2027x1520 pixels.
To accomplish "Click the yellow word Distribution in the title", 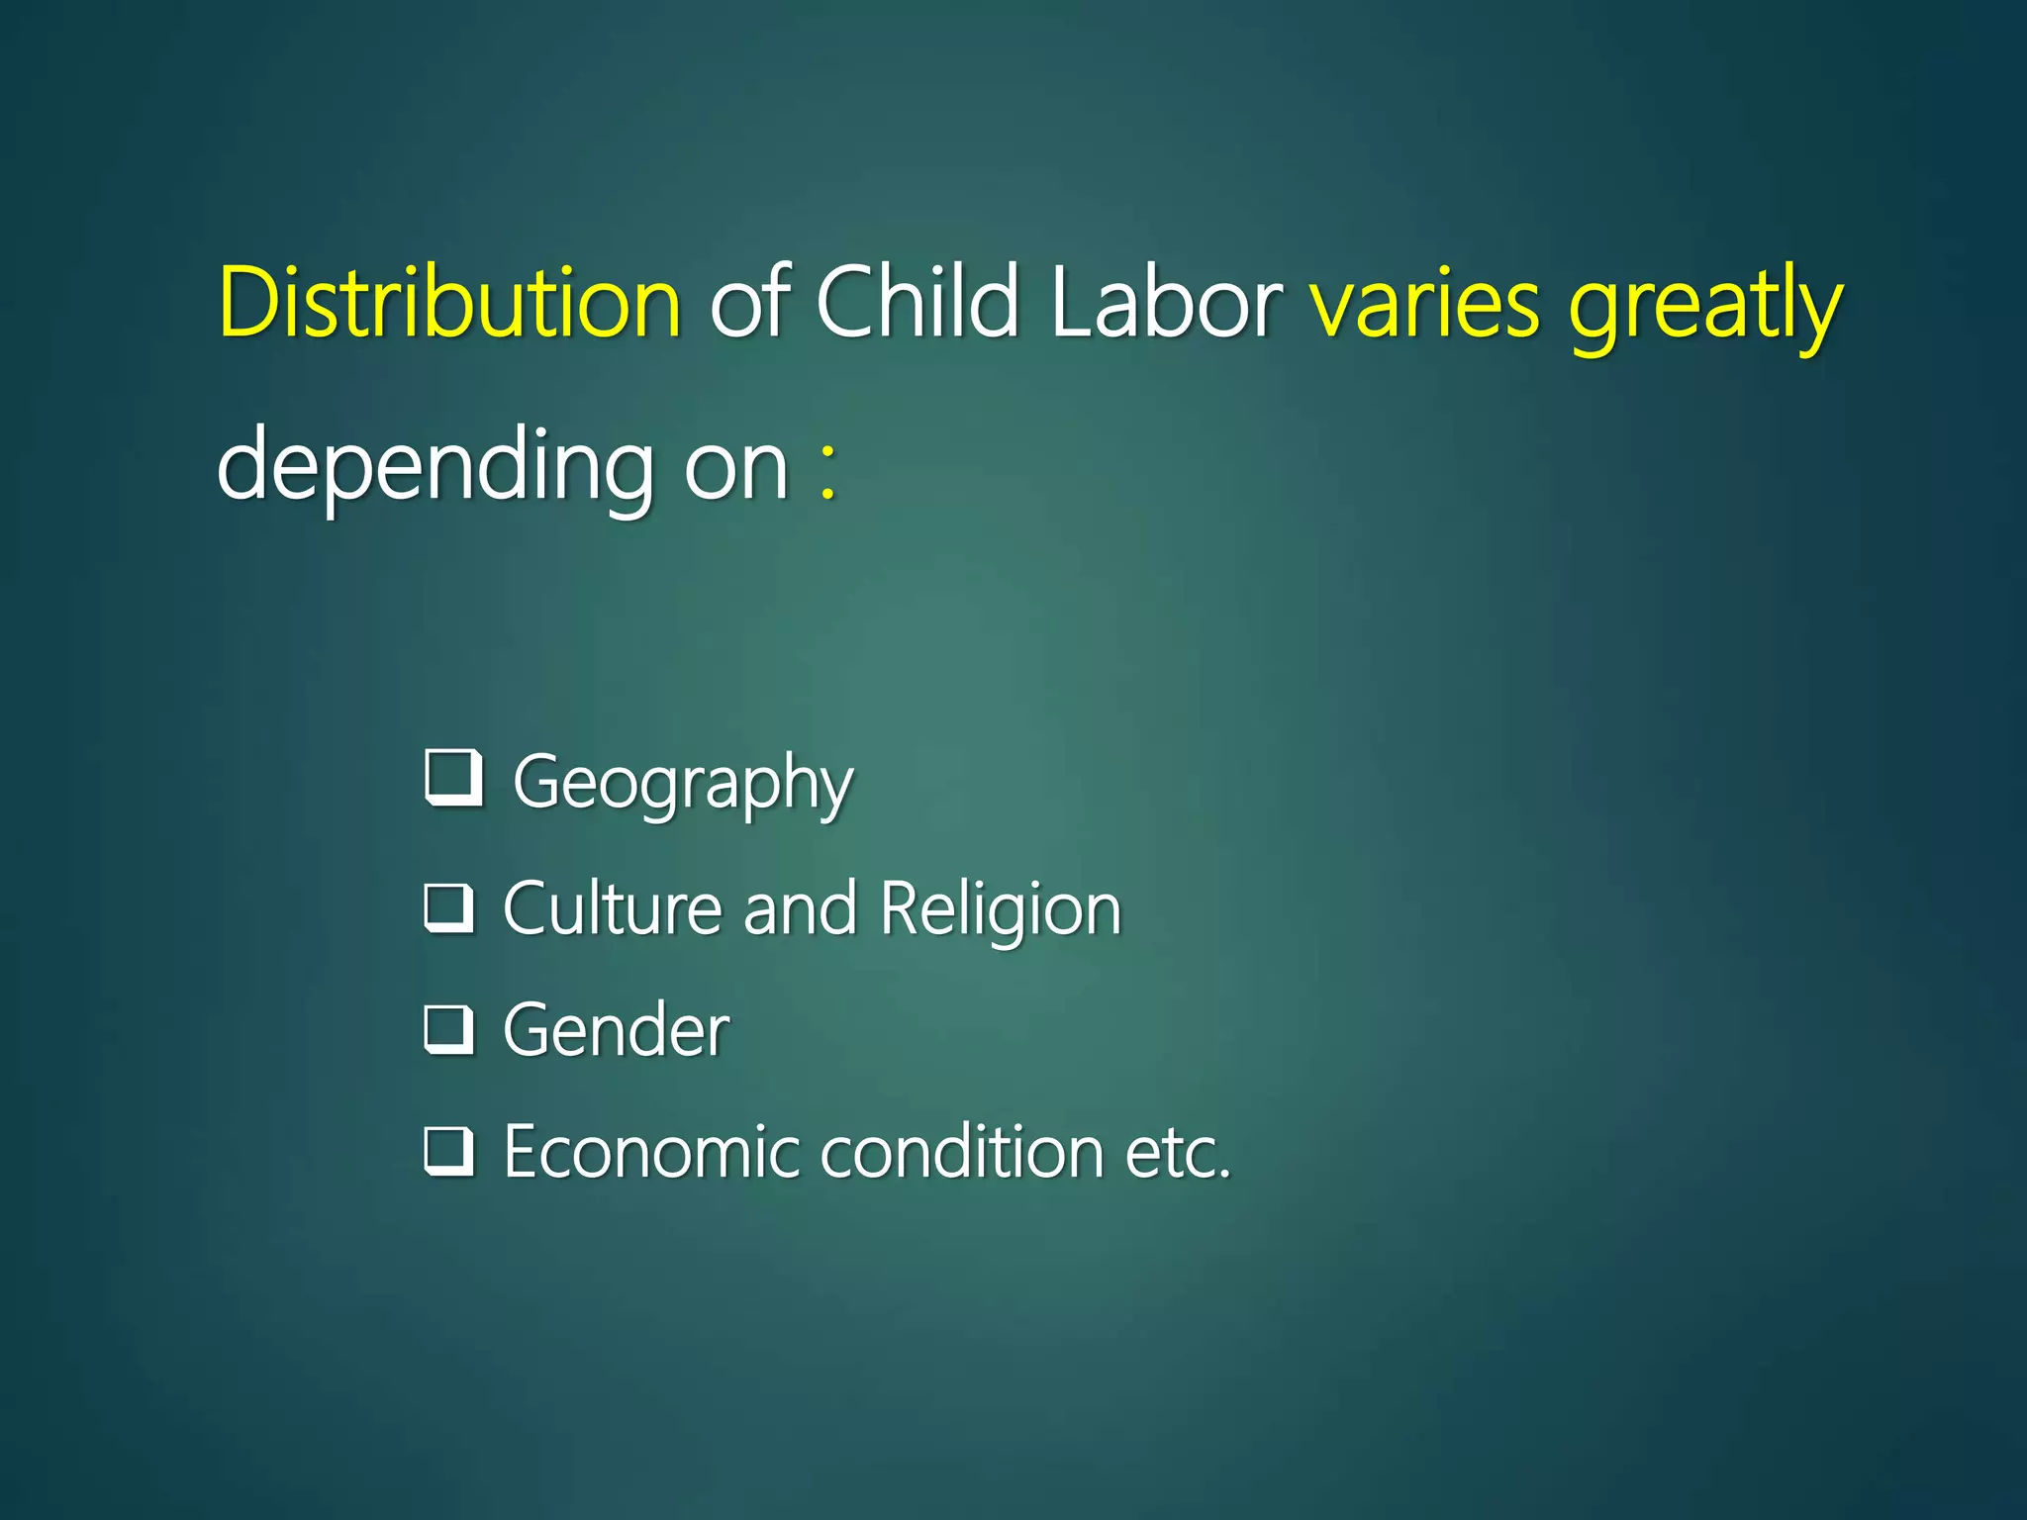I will pyautogui.click(x=449, y=301).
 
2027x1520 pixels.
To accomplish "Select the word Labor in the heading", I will pyautogui.click(x=1166, y=301).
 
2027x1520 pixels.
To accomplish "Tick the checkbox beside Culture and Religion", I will pyautogui.click(x=449, y=908).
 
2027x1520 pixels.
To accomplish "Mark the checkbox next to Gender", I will pyautogui.click(x=449, y=1029).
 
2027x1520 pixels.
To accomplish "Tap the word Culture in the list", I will pyautogui.click(x=613, y=907).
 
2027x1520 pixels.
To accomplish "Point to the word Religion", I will pyautogui.click(x=1000, y=909).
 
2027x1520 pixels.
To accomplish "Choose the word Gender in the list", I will pyautogui.click(x=617, y=1030).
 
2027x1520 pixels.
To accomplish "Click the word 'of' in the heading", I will pyautogui.click(x=748, y=301).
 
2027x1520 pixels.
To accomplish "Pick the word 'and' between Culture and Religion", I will pyautogui.click(x=800, y=908).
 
